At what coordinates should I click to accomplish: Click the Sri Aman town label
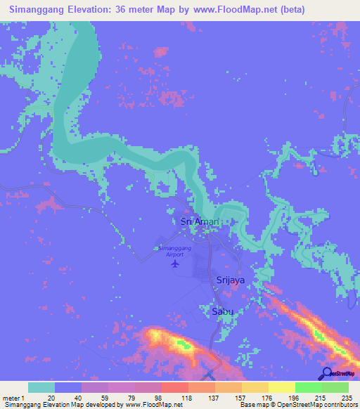200,221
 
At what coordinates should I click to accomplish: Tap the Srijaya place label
230,280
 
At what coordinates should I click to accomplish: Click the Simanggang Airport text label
175,252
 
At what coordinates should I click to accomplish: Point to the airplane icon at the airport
175,265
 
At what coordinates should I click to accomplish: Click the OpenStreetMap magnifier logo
328,374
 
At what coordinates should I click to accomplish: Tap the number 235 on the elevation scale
346,398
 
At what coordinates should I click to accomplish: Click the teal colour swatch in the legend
41,387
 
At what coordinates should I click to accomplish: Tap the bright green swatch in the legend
308,387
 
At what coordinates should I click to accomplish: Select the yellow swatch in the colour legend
281,387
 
